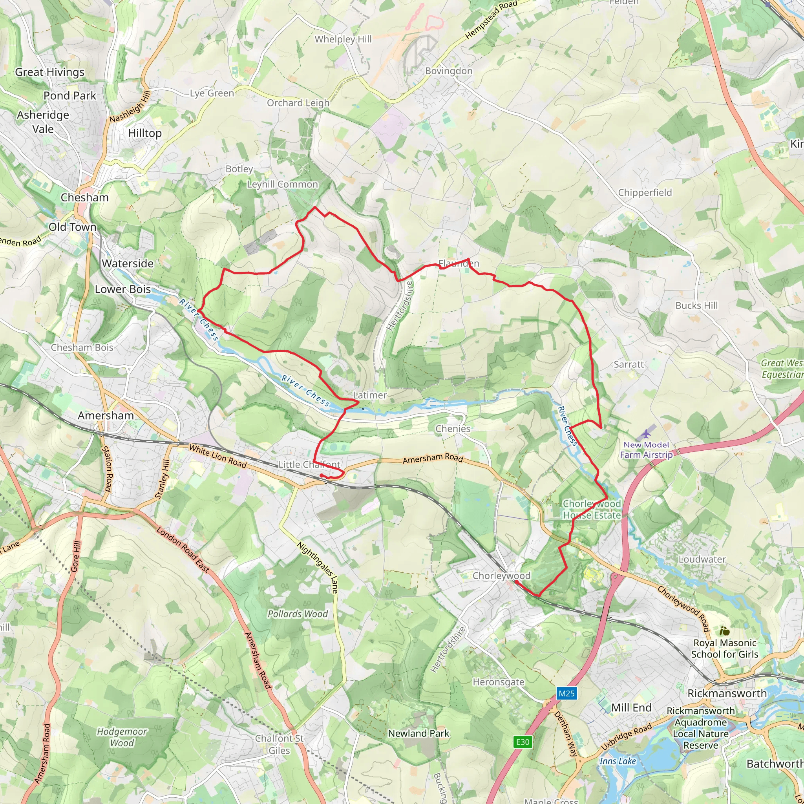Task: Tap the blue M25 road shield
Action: click(566, 693)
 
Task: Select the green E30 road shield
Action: click(523, 742)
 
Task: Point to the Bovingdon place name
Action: click(449, 71)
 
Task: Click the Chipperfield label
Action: click(645, 192)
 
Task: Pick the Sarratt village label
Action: click(629, 365)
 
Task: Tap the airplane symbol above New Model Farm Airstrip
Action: click(646, 434)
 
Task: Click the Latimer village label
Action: click(369, 395)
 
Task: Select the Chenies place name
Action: click(453, 429)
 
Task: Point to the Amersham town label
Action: click(106, 415)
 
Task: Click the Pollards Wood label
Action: click(298, 614)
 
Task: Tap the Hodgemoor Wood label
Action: click(122, 737)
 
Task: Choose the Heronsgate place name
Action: click(498, 682)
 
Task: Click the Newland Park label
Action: click(418, 733)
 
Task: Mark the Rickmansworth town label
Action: click(727, 693)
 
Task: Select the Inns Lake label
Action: click(618, 761)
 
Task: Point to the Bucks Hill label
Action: click(696, 305)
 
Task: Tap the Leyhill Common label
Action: click(282, 184)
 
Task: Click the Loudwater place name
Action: click(702, 559)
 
